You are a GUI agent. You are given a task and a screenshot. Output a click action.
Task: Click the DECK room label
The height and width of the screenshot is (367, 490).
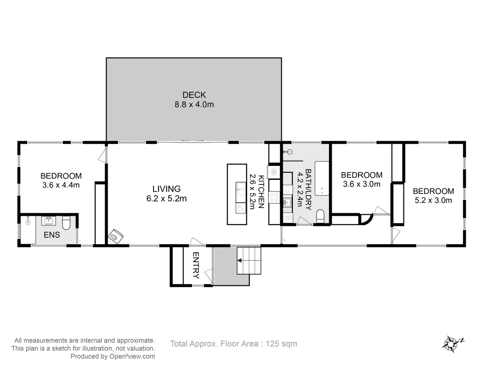coord(194,95)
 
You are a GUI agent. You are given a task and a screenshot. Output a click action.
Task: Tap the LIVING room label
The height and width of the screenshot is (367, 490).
coord(166,189)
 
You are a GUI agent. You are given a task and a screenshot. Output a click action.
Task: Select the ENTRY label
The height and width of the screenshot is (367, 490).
coord(196,265)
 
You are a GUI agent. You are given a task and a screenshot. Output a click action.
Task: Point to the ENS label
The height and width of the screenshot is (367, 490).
coord(52,234)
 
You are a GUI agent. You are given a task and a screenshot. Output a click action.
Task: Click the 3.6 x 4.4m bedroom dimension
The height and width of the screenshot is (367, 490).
coord(61,185)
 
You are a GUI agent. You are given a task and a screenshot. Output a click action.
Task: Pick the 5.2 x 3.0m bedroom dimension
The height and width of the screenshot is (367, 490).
coord(433,200)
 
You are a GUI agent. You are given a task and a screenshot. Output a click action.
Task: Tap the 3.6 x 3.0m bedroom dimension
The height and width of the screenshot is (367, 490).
coord(362,184)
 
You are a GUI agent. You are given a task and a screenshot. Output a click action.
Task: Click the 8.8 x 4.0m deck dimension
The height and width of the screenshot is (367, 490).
coord(194,104)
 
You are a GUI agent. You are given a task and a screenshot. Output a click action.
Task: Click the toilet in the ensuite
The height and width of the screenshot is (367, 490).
coord(66,223)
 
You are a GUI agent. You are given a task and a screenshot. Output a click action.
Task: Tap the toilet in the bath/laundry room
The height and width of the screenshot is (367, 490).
coord(320,216)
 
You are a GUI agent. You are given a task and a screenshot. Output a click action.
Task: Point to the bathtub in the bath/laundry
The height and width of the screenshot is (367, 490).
coord(322,178)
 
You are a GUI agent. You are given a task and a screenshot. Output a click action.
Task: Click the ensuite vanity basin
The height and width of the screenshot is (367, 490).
coord(49,221)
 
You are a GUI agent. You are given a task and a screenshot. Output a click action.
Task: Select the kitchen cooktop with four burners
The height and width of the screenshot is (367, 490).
coord(274,197)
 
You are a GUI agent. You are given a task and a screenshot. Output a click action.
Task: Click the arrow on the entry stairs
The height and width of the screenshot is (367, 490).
coord(240,260)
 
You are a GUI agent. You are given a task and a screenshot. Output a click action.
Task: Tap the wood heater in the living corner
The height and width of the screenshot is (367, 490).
coord(116,237)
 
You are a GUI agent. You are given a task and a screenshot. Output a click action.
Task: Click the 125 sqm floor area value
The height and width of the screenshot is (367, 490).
coord(281,344)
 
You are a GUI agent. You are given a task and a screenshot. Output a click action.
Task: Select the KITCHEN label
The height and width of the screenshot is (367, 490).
coord(261,192)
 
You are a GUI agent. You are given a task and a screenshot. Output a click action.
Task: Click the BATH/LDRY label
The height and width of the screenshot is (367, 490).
coord(308,189)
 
